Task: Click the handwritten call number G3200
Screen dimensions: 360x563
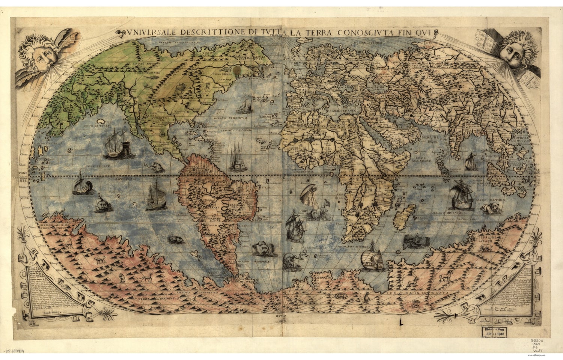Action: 538,341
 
